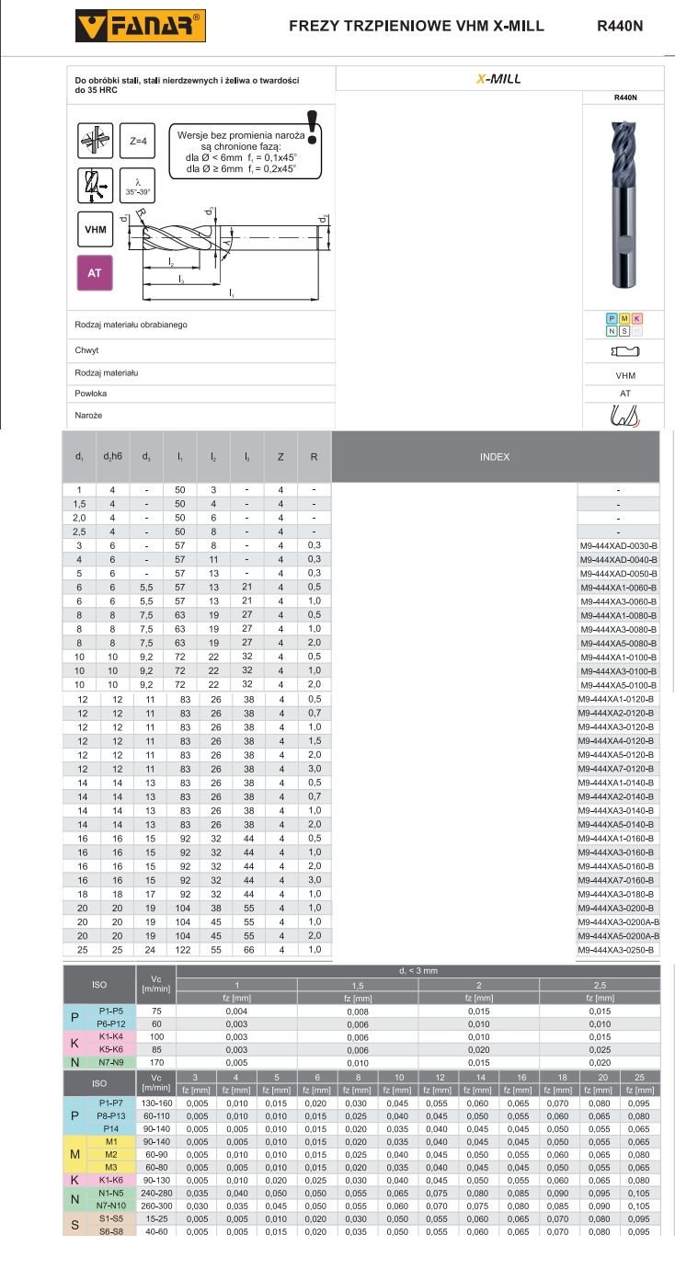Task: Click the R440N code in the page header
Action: pos(620,26)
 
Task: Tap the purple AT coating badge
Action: pos(94,273)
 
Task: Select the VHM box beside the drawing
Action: pos(94,229)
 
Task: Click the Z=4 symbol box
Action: pos(139,142)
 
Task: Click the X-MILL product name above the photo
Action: pos(498,80)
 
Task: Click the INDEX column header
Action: pos(495,457)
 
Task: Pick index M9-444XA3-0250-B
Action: pos(618,950)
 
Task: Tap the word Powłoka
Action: pos(91,394)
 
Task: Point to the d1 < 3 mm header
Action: pos(418,971)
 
